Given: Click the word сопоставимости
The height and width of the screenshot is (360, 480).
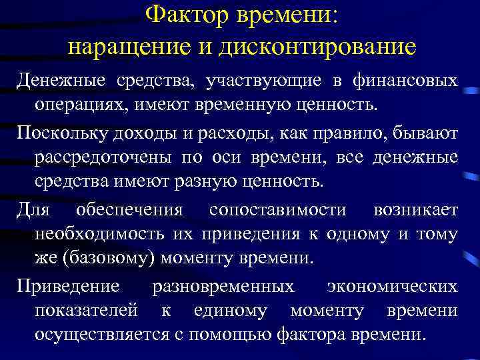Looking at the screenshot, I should coord(277,210).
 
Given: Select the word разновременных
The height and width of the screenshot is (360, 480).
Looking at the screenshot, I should coord(223,286).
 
